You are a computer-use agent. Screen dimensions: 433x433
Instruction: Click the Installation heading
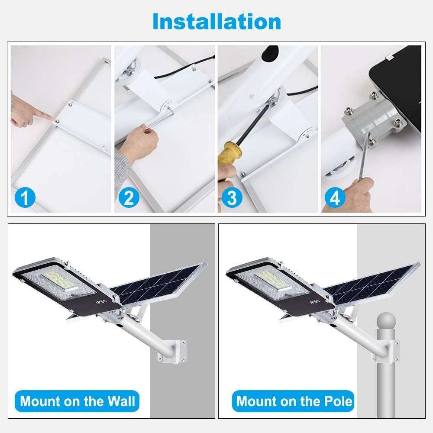[216, 21]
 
